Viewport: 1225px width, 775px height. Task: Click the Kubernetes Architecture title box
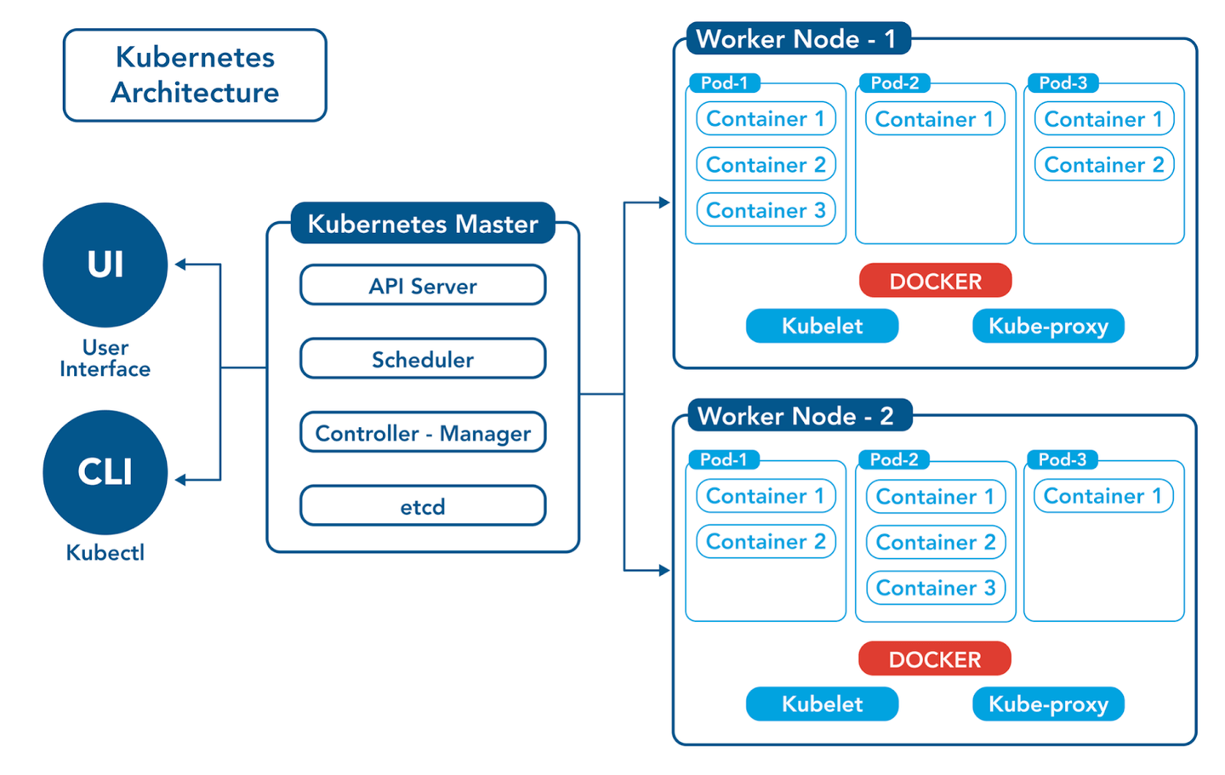coord(195,75)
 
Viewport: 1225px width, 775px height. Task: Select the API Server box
coord(423,286)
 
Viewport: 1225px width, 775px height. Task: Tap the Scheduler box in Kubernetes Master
coord(423,359)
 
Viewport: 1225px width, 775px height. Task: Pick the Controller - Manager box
coord(423,433)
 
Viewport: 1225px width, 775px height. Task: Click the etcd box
coord(423,506)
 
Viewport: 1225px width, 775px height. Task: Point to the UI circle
coord(105,265)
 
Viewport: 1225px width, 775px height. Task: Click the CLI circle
coord(105,472)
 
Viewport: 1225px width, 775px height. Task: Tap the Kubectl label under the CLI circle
coord(105,552)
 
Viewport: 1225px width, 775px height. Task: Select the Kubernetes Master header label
coord(423,224)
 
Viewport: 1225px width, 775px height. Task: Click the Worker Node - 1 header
coord(796,39)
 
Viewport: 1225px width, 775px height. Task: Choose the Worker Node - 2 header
coord(796,416)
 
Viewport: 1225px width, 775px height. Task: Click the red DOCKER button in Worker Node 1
coord(935,281)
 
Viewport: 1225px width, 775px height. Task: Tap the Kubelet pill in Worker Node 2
coord(822,704)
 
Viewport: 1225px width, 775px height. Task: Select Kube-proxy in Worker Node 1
coord(1048,326)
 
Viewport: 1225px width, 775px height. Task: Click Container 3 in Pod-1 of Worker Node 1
coord(766,210)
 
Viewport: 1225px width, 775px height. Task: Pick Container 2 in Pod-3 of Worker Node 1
coord(1104,164)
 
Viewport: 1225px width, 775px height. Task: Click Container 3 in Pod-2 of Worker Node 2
coord(936,588)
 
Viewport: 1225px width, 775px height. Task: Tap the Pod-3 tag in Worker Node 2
coord(1063,459)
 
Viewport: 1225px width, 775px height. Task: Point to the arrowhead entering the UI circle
coord(180,265)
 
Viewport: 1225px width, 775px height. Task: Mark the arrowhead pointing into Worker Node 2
coord(664,570)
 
